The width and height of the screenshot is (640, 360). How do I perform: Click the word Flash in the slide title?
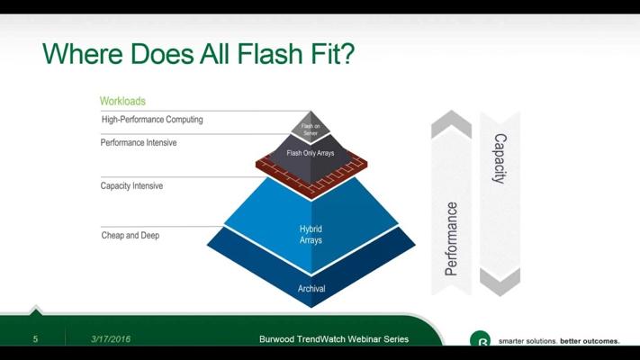[269, 53]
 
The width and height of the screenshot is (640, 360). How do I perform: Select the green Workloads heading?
[122, 101]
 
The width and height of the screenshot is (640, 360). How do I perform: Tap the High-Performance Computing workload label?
[152, 120]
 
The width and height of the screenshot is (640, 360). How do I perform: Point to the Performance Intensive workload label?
[139, 142]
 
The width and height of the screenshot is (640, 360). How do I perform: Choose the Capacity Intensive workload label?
[131, 185]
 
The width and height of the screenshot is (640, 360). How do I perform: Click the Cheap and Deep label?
[131, 236]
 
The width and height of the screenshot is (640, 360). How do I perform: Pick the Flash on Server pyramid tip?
[311, 127]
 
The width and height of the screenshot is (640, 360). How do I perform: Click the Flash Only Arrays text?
[311, 153]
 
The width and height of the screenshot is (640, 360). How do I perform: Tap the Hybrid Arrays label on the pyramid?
[311, 234]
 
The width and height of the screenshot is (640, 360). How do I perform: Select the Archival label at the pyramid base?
[311, 289]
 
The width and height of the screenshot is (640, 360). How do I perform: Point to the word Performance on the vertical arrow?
[451, 238]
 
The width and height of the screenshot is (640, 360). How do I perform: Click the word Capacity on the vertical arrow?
[500, 158]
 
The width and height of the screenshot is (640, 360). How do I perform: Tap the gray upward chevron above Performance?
[452, 123]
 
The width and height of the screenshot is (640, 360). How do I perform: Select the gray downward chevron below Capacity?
[500, 282]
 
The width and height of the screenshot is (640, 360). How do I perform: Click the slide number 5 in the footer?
[35, 338]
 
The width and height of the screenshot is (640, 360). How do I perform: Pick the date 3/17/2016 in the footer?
[111, 338]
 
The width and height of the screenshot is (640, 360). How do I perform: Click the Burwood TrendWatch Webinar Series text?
[334, 338]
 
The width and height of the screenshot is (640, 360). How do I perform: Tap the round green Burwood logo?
[480, 338]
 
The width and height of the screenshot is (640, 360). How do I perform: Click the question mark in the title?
[347, 53]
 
